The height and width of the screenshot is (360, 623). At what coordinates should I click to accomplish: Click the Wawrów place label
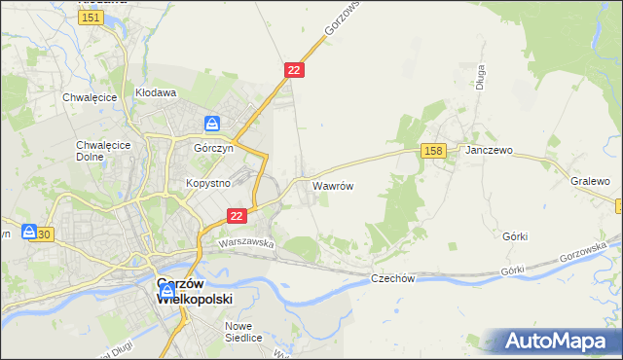coord(332,184)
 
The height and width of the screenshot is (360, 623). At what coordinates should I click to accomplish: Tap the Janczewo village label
coord(489,152)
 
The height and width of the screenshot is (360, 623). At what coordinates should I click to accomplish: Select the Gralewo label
coord(590,182)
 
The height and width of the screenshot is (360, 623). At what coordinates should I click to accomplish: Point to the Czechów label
coord(393,278)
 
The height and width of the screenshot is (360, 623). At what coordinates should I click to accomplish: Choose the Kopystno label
coord(207,183)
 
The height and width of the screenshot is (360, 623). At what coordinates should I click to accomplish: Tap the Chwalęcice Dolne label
coord(97,152)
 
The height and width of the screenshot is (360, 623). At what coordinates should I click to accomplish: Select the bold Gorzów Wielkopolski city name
coord(195,292)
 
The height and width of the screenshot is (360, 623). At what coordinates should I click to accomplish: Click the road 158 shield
coord(434,150)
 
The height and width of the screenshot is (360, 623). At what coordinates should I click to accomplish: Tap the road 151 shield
coord(91,18)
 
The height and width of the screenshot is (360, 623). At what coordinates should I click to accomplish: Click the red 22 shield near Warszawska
coord(236,215)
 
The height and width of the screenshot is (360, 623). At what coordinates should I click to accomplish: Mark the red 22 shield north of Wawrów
coord(295,70)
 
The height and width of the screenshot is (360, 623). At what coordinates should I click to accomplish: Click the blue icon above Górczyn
coord(212,124)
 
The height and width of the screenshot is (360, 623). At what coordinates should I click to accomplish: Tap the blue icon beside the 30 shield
coord(29,234)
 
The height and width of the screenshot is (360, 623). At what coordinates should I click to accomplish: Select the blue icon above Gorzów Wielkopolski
coord(166,289)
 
